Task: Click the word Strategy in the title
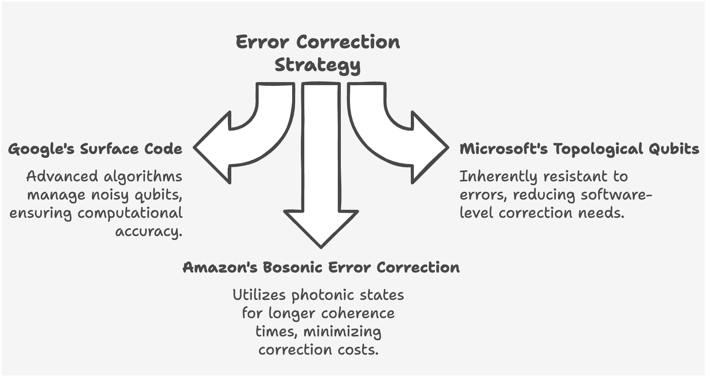[317, 65]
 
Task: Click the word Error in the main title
[262, 42]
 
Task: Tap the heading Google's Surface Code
[95, 149]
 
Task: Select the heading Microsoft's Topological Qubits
[579, 149]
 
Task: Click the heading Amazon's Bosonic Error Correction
[321, 268]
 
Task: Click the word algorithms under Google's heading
[143, 177]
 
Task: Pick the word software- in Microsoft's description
[616, 195]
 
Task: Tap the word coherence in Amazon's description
[358, 314]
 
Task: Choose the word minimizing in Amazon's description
[342, 332]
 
